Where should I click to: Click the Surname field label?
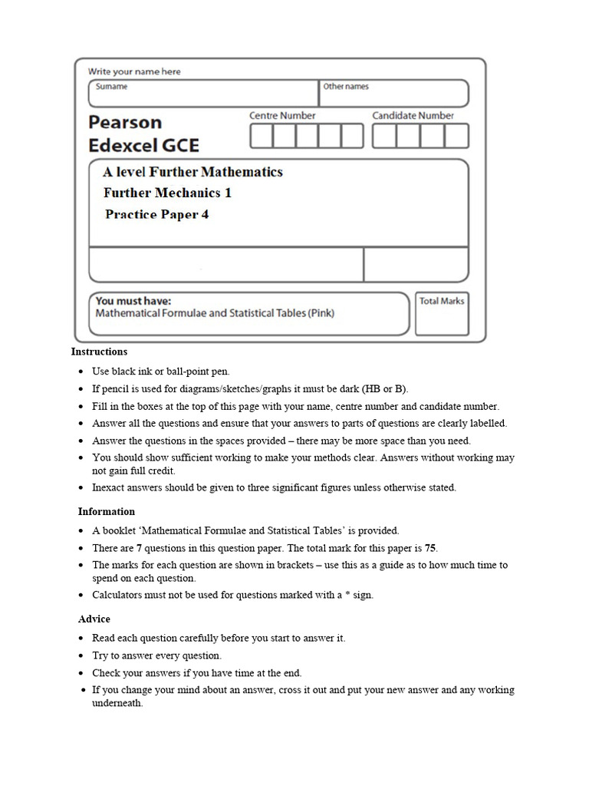point(111,87)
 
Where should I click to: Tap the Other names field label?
point(346,87)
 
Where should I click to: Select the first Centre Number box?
point(262,136)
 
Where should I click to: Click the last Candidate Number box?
point(456,136)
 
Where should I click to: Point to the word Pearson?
point(125,122)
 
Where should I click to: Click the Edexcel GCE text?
point(143,145)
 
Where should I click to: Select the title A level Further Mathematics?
point(192,172)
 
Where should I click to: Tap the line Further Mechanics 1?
point(167,193)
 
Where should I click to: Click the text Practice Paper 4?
point(156,214)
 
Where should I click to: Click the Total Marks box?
point(442,314)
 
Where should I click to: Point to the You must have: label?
point(133,301)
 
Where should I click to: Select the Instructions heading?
point(99,352)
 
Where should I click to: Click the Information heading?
point(106,511)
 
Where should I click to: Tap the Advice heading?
point(94,619)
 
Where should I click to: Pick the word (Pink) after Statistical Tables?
point(320,313)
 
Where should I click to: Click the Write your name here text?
point(134,71)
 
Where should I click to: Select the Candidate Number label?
point(413,115)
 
